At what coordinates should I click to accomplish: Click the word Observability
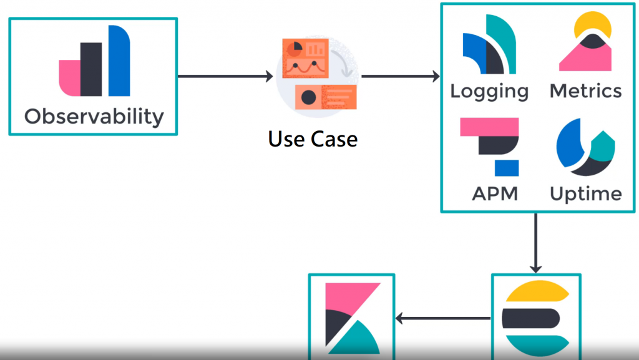pos(94,116)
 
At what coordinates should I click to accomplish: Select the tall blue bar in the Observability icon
pos(119,61)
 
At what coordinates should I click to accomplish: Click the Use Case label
pos(313,139)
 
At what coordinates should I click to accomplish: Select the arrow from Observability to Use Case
pos(225,77)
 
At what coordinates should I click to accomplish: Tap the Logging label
pos(489,91)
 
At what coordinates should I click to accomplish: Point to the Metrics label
pos(585,91)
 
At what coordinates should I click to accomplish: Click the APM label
pos(495,193)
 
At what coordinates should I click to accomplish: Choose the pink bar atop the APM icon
pos(489,127)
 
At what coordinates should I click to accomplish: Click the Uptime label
pos(585,193)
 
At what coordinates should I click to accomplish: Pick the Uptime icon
pos(585,147)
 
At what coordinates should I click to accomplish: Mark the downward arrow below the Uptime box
pos(535,243)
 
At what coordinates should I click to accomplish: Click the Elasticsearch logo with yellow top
pos(536,319)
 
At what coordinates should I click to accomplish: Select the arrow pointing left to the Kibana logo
pos(443,319)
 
